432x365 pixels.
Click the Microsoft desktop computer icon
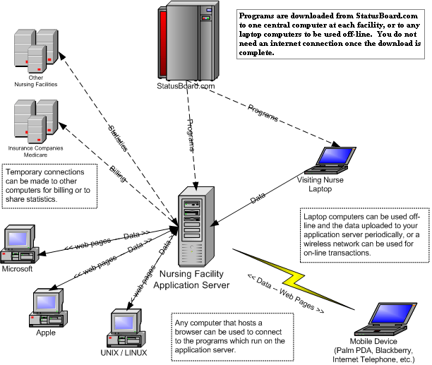(19, 244)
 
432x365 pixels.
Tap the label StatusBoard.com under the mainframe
(185, 87)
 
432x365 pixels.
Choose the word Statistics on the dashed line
(119, 138)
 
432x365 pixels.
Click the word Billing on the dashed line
(117, 175)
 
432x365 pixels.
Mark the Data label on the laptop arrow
(258, 199)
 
